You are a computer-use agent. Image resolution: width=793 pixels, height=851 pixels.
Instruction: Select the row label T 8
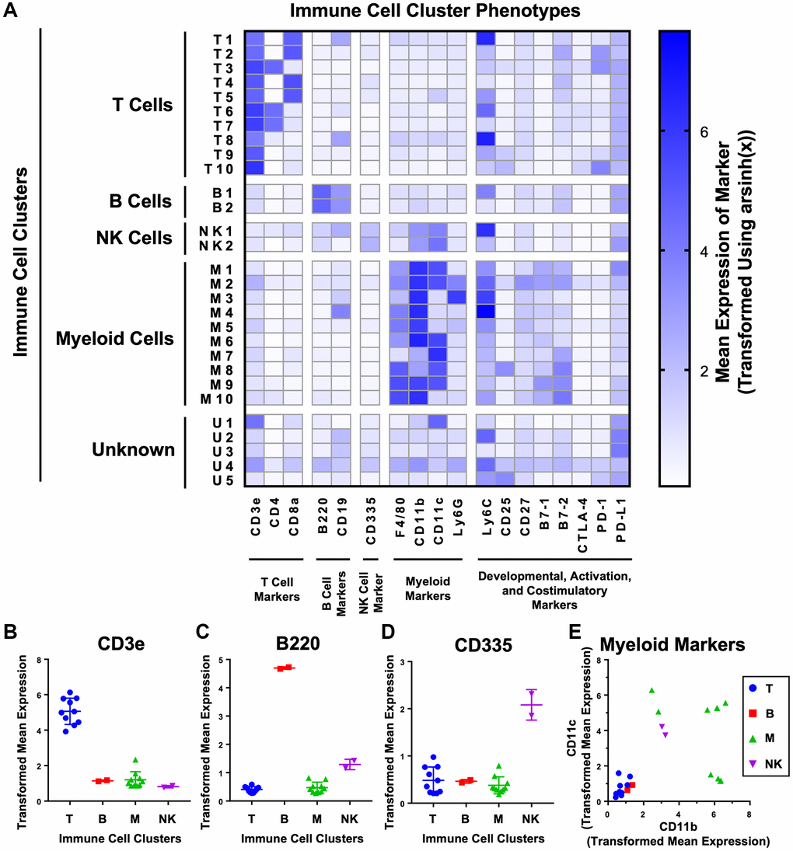pyautogui.click(x=223, y=140)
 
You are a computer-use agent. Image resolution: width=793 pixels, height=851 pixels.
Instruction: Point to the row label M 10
pyautogui.click(x=220, y=399)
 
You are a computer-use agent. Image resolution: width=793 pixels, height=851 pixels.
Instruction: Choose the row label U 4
pyautogui.click(x=223, y=464)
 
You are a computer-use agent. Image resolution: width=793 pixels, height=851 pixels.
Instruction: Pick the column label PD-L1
pyautogui.click(x=619, y=524)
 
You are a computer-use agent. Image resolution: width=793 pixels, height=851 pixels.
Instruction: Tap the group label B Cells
pyautogui.click(x=141, y=201)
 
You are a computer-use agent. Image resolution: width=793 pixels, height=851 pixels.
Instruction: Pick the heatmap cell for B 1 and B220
pyautogui.click(x=321, y=192)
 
